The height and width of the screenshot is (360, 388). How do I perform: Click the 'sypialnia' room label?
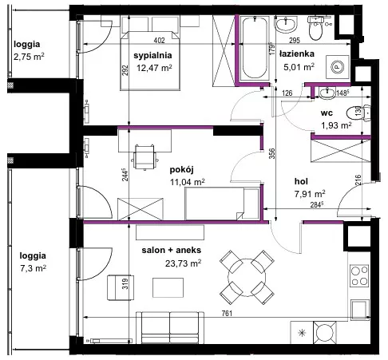(152, 56)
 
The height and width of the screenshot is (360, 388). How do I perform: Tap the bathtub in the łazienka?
(255, 48)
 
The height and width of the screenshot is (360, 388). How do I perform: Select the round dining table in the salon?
(247, 278)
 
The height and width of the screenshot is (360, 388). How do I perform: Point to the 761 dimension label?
(227, 314)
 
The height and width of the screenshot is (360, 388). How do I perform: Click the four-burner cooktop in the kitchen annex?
(359, 275)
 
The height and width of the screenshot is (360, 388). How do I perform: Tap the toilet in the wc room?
(358, 113)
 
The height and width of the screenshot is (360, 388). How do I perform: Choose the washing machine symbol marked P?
(337, 67)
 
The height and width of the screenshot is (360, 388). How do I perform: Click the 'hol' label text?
(301, 181)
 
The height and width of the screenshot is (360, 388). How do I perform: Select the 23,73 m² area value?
(183, 263)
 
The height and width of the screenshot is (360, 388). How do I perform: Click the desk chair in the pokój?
(145, 157)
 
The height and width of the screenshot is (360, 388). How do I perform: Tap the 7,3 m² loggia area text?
(33, 268)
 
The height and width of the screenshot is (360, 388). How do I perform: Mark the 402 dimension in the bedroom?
(159, 41)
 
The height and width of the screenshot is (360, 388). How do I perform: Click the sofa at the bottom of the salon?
(170, 327)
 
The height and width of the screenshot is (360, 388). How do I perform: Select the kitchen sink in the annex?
(360, 310)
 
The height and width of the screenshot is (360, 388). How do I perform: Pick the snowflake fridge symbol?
(302, 333)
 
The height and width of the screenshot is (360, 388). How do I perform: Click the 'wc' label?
(327, 113)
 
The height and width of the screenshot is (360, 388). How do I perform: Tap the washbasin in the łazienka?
(286, 24)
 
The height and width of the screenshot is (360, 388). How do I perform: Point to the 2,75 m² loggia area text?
(29, 57)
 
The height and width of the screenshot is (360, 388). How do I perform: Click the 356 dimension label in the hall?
(271, 153)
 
